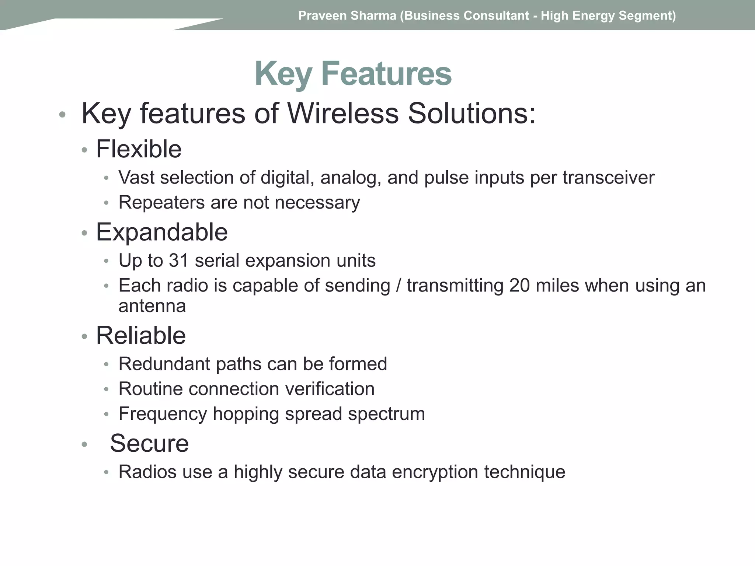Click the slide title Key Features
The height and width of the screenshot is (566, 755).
click(353, 74)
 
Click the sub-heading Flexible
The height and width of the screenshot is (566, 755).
click(139, 149)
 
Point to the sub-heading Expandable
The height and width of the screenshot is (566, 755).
click(161, 232)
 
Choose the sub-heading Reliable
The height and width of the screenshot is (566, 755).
click(141, 336)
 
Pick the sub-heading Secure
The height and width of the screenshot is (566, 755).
click(149, 443)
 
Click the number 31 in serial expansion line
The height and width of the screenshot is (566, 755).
click(179, 261)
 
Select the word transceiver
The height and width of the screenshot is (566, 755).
click(608, 178)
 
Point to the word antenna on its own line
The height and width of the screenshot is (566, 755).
click(152, 306)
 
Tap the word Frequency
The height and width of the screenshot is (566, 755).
click(163, 414)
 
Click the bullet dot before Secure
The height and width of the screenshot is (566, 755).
click(84, 445)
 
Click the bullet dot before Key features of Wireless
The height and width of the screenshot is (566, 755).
click(62, 115)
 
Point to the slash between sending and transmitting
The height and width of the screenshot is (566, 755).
click(398, 286)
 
